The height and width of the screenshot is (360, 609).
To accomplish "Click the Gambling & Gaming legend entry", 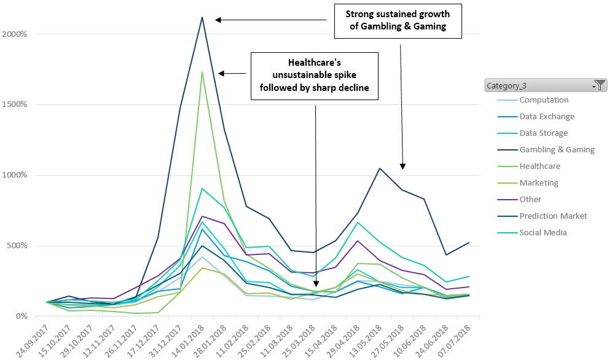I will tap(557, 149).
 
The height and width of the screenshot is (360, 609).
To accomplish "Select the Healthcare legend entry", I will tap(540, 166).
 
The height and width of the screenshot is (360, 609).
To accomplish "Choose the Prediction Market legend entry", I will tap(553, 216).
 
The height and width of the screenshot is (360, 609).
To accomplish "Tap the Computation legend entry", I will tap(544, 100).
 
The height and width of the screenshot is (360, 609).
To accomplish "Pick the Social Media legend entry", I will tap(543, 232).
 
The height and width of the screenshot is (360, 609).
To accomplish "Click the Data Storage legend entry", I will tap(543, 133).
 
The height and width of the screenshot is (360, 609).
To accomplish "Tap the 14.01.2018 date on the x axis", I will tap(192, 337).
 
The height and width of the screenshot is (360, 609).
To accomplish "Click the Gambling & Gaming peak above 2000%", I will tap(202, 17).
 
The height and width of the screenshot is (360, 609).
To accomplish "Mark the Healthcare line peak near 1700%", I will tap(202, 72).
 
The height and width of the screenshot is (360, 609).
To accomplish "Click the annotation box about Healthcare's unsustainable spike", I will tap(314, 76).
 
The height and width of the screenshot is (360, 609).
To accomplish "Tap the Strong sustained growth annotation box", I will tap(398, 20).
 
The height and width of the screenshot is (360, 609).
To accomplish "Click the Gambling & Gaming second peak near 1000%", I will tap(380, 168).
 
